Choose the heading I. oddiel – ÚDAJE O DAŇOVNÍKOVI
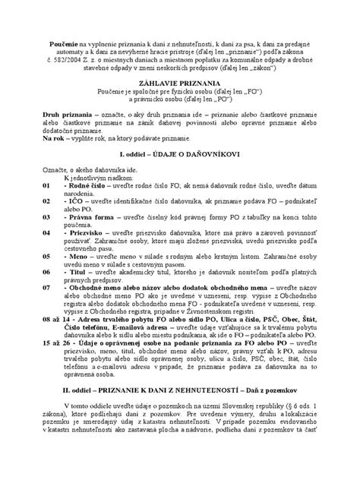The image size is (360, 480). [179, 175]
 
